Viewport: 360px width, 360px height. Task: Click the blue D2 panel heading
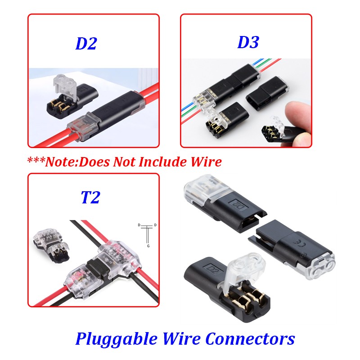[x=86, y=44]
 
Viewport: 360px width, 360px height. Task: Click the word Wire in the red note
[x=206, y=161]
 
